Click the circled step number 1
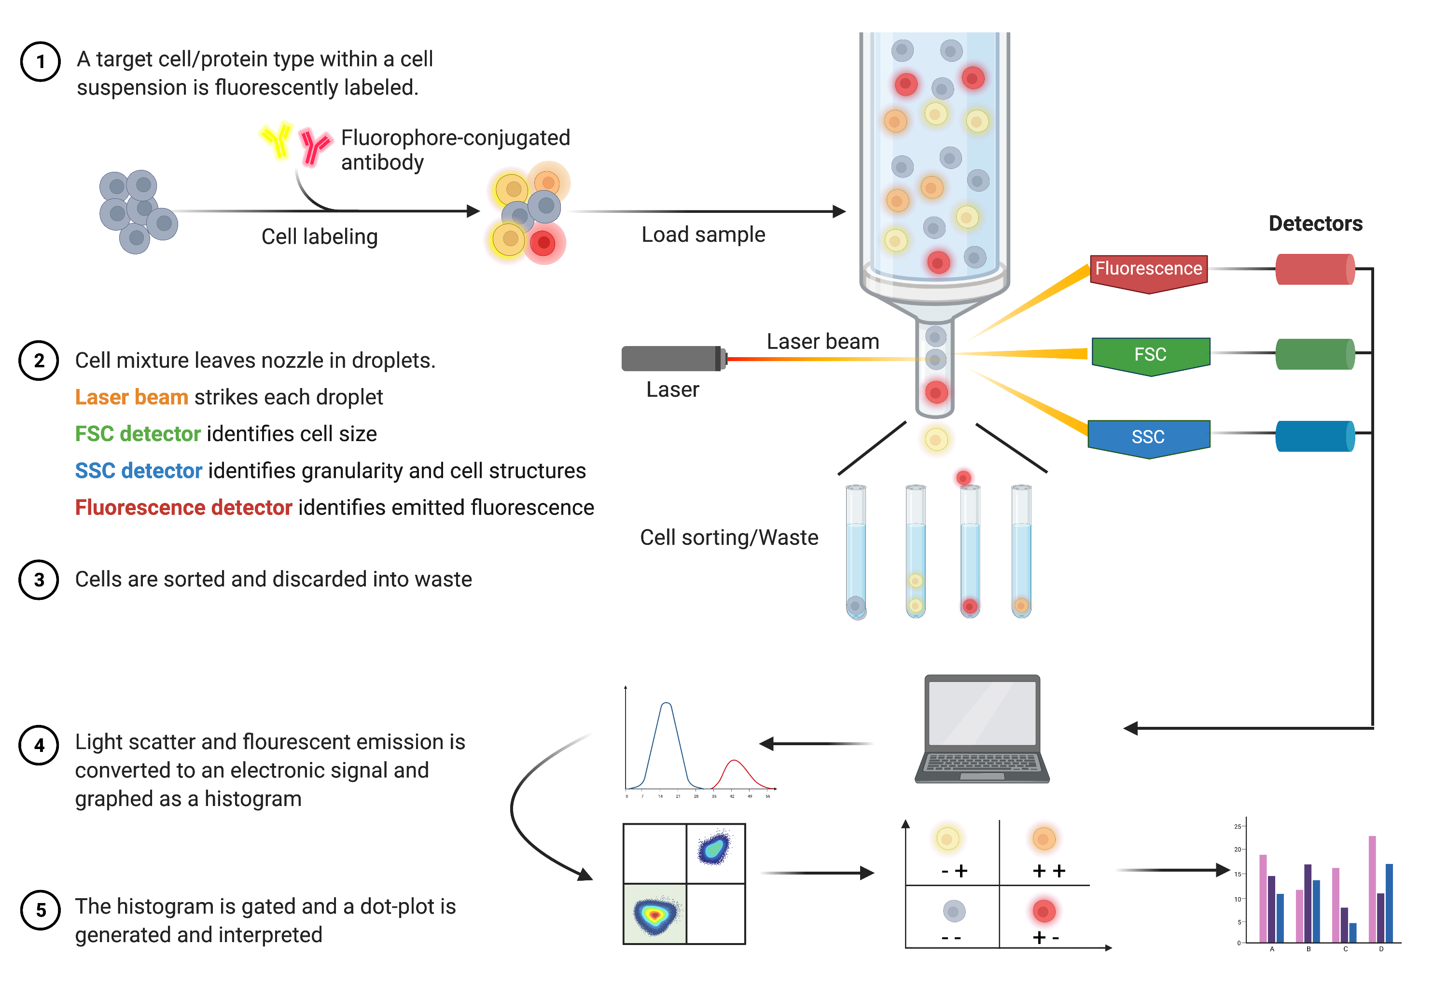tap(41, 62)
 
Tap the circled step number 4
tap(39, 745)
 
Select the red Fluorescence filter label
tap(1148, 270)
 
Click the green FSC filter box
tap(1150, 355)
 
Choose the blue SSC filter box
tap(1148, 437)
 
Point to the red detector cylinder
tap(1315, 269)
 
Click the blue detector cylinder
tap(1315, 435)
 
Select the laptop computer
tap(982, 729)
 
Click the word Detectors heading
tap(1315, 223)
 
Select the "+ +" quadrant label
tap(1049, 871)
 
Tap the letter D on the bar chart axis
tap(1381, 949)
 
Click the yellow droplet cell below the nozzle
tap(936, 439)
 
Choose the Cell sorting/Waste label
tap(729, 537)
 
